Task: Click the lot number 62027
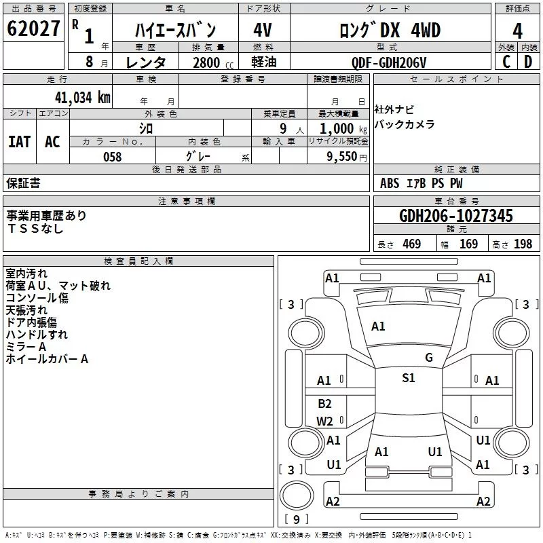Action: tap(33, 29)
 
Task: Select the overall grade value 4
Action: tap(517, 31)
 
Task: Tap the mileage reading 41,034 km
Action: tap(83, 98)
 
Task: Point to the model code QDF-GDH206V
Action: tap(388, 62)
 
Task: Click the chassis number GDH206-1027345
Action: tap(455, 216)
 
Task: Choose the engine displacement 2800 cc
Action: tap(213, 62)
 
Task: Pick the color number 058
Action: tap(113, 157)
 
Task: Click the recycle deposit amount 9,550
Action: tap(342, 157)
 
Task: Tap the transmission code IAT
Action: tap(20, 142)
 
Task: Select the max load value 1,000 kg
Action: tap(343, 129)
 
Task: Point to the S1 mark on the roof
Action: tap(409, 378)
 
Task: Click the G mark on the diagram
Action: tap(429, 358)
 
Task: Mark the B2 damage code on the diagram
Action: tap(324, 403)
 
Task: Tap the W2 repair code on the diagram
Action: tap(324, 421)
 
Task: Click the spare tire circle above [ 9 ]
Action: tap(297, 495)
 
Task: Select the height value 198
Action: tap(523, 244)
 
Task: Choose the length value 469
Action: tap(412, 244)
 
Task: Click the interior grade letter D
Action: tap(528, 62)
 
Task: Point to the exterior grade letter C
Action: tap(506, 62)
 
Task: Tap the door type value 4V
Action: tap(263, 30)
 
